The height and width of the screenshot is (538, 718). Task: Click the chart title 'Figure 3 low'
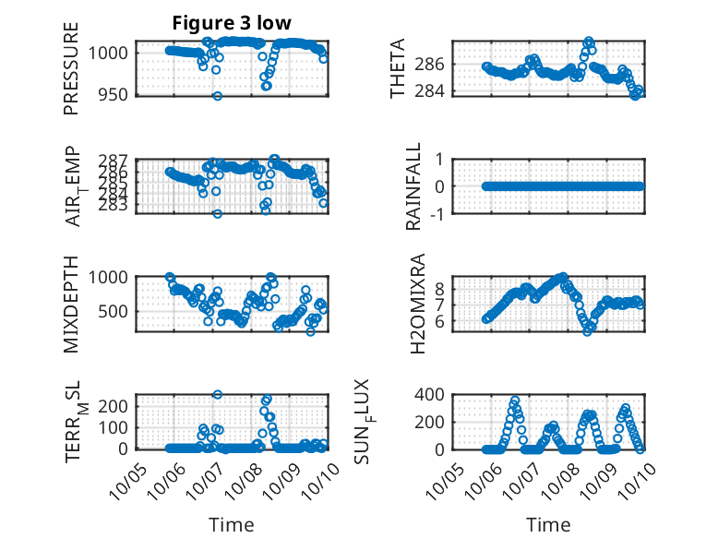tap(233, 24)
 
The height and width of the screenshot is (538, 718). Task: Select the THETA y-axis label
tap(398, 69)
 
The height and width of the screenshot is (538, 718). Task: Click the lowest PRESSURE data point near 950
tap(218, 96)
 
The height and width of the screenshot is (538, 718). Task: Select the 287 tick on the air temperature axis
tap(118, 160)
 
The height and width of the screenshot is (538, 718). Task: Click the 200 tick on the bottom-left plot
tap(115, 406)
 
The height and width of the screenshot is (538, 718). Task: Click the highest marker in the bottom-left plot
tap(218, 395)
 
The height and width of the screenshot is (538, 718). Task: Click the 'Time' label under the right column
tap(548, 525)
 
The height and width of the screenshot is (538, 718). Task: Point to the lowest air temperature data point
tap(218, 214)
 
